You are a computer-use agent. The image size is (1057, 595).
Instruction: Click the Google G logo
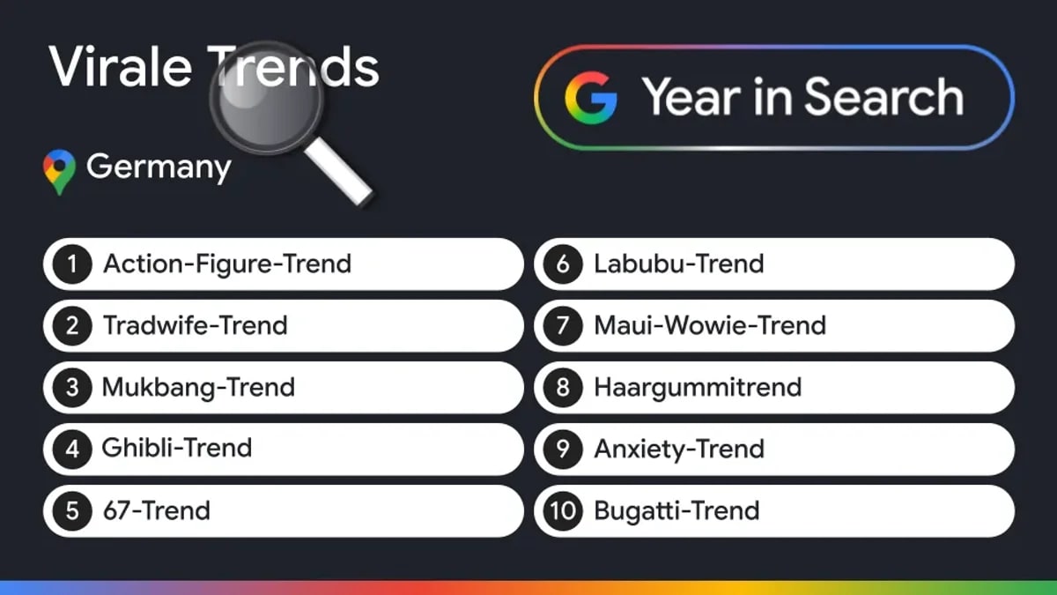pyautogui.click(x=591, y=98)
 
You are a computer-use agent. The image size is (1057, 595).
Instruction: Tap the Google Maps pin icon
pyautogui.click(x=60, y=172)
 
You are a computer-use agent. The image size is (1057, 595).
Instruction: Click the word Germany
pyautogui.click(x=159, y=167)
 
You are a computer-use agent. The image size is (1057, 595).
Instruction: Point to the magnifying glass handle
pyautogui.click(x=339, y=172)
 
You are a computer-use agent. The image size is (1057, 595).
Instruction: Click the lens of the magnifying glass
pyautogui.click(x=268, y=98)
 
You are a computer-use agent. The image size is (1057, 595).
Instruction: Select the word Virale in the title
pyautogui.click(x=121, y=67)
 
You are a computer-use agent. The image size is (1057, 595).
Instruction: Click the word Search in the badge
pyautogui.click(x=883, y=97)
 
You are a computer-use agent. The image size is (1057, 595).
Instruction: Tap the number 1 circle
pyautogui.click(x=72, y=264)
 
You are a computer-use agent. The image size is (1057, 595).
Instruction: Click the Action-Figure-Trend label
pyautogui.click(x=227, y=264)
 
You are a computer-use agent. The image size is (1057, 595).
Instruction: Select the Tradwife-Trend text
pyautogui.click(x=195, y=325)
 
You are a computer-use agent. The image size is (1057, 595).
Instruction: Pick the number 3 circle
pyautogui.click(x=72, y=388)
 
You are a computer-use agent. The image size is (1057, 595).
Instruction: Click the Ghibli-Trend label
pyautogui.click(x=176, y=448)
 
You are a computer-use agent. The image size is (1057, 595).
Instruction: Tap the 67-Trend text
pyautogui.click(x=157, y=510)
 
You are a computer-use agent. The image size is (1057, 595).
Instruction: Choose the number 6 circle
pyautogui.click(x=563, y=264)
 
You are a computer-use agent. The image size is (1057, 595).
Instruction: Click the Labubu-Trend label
pyautogui.click(x=679, y=264)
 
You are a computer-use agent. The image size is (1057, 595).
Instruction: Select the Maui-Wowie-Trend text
pyautogui.click(x=710, y=325)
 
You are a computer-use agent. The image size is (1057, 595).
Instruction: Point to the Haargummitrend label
pyautogui.click(x=698, y=388)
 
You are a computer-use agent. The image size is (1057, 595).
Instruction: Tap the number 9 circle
pyautogui.click(x=563, y=449)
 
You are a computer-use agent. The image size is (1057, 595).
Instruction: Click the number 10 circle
pyautogui.click(x=563, y=511)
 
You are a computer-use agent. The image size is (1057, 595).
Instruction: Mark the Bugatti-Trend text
pyautogui.click(x=676, y=511)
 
